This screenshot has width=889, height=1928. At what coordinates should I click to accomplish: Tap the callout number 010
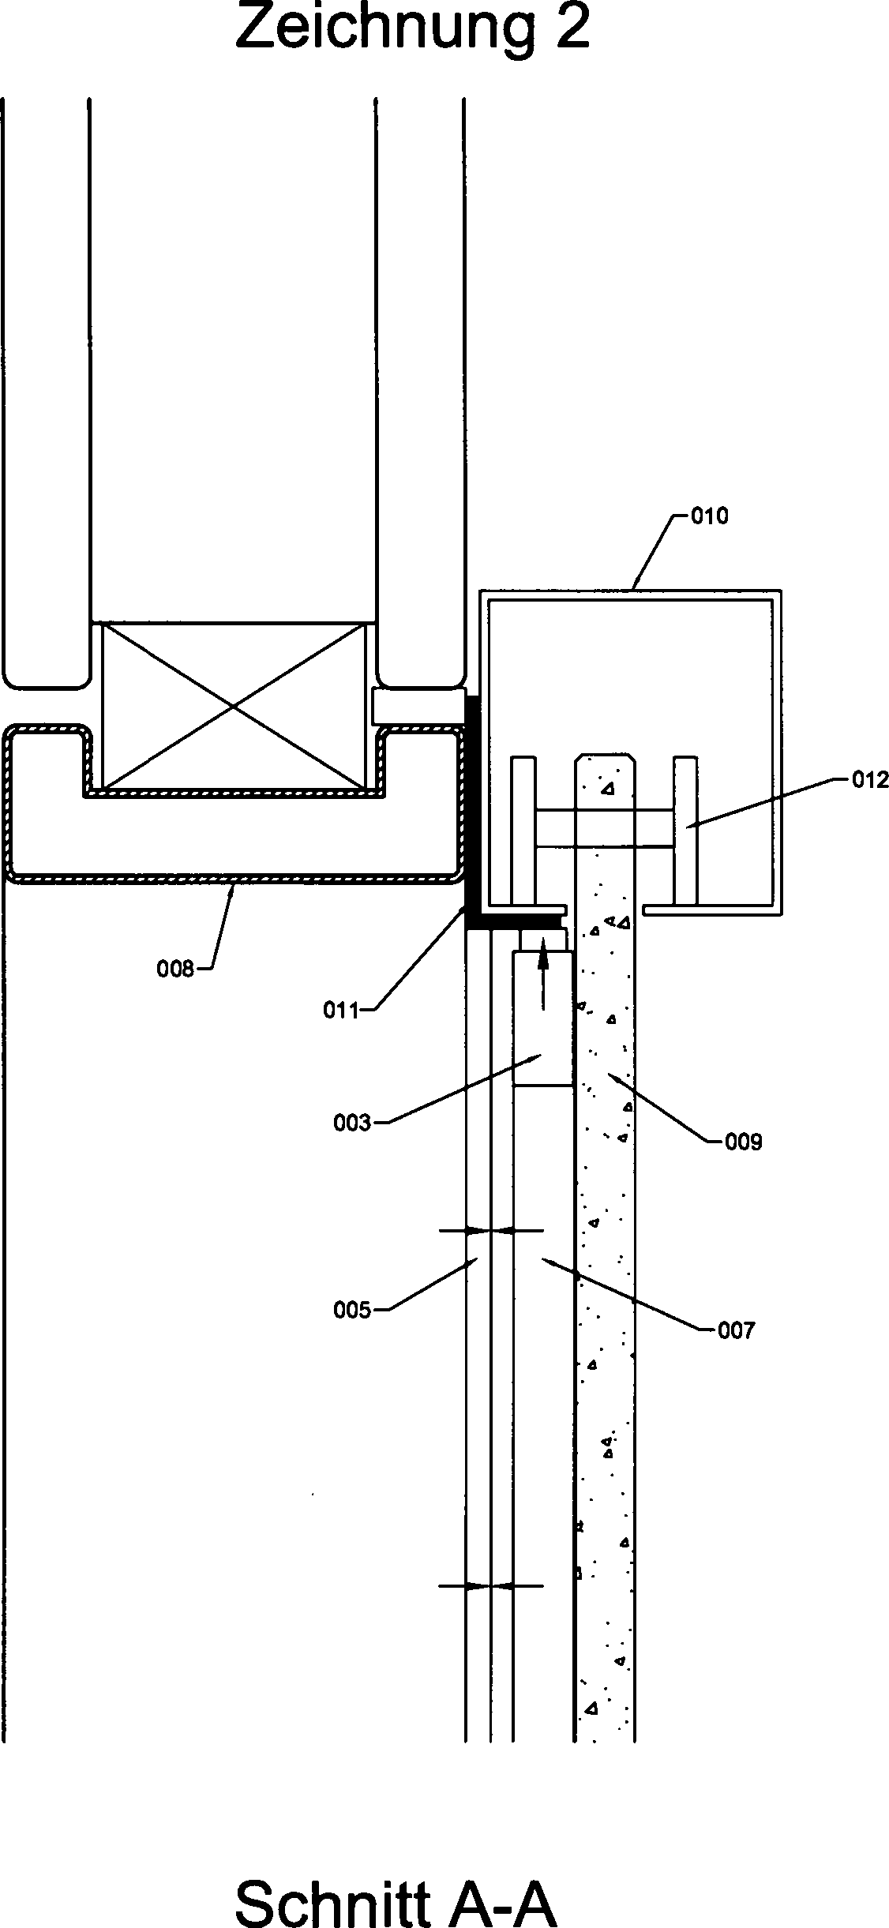click(710, 516)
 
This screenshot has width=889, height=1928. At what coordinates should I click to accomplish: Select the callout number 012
click(870, 780)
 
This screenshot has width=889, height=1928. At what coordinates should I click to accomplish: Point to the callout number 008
click(175, 969)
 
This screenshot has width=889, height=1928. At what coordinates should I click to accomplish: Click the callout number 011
click(342, 1010)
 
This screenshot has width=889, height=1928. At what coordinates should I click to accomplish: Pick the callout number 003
click(352, 1123)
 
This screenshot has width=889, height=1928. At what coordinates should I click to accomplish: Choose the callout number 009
click(744, 1142)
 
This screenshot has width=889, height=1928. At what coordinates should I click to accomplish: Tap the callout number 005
click(352, 1311)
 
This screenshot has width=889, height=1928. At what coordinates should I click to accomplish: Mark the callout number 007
click(737, 1331)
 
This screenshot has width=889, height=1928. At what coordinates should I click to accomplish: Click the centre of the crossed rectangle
click(234, 707)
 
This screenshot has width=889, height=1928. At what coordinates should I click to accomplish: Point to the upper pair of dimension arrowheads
click(491, 1230)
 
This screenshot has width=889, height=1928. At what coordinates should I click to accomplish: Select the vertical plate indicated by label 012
click(685, 830)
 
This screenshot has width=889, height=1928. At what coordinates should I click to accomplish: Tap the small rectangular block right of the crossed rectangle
click(417, 705)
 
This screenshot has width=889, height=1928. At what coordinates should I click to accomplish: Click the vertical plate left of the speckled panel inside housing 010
click(523, 830)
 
